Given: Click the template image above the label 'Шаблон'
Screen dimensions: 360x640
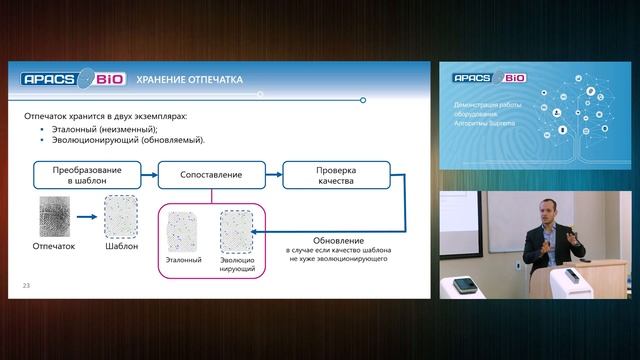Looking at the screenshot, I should coord(121,216).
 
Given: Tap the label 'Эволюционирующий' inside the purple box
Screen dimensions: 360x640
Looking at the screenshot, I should coord(237,264).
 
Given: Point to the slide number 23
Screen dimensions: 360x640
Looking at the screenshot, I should coord(27,287).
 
